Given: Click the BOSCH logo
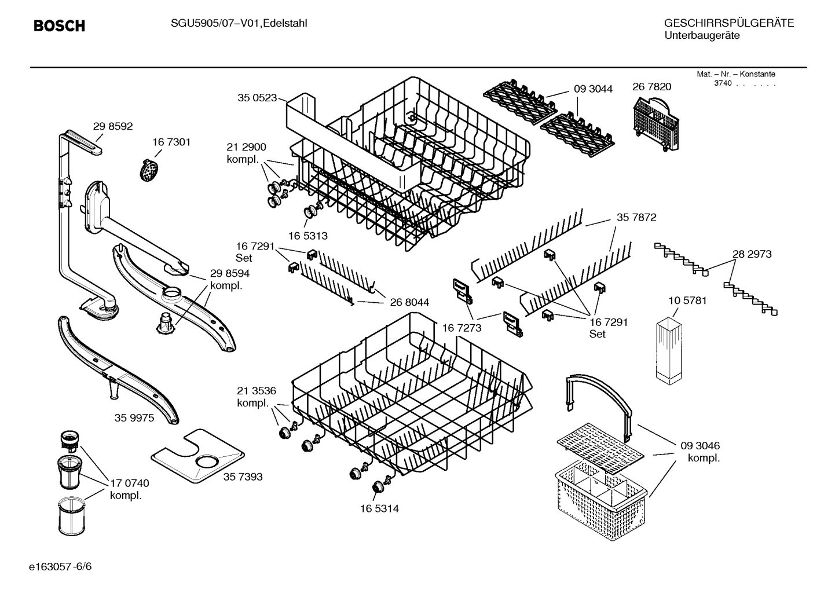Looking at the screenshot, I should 59,26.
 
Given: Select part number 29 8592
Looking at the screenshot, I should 113,126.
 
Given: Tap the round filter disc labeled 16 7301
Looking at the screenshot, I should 151,170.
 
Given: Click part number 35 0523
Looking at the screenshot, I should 257,98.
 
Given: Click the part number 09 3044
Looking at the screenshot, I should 593,89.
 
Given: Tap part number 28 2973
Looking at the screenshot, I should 752,254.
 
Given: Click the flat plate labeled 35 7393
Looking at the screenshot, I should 197,456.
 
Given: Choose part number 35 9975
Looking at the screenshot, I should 134,417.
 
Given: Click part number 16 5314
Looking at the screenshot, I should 379,508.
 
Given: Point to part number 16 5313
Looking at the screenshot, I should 308,236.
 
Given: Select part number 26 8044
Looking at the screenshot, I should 409,302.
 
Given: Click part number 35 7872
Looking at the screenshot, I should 636,217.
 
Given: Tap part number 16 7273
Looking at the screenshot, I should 462,328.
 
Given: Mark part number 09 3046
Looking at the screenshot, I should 700,446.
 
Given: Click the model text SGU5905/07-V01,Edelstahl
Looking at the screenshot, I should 239,23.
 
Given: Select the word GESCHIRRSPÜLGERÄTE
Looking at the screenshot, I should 728,23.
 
